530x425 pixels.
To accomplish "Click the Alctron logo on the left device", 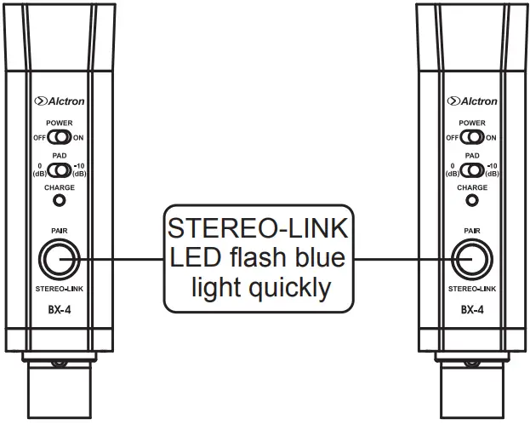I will (x=60, y=101).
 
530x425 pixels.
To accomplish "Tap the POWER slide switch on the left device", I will (x=60, y=136).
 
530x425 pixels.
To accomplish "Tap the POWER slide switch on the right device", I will (x=472, y=136).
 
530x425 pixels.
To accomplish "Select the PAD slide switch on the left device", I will (x=60, y=168).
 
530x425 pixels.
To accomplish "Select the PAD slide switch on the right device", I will (x=472, y=168).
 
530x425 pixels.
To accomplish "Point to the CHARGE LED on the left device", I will (x=60, y=201).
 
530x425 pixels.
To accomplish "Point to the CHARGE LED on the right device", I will (x=472, y=201).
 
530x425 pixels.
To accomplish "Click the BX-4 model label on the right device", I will (x=472, y=312).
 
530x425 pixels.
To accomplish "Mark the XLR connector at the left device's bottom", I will (x=59, y=388).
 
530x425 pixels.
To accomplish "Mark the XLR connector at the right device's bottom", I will (x=472, y=388).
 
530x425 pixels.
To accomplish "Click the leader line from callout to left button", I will (x=119, y=258).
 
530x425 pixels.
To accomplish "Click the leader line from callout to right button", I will (x=400, y=258).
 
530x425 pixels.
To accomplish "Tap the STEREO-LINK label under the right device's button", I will (x=472, y=290).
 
